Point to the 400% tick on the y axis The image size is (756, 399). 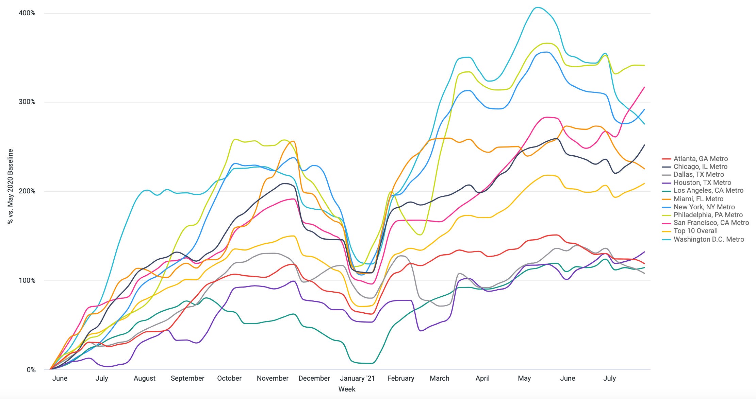pyautogui.click(x=27, y=13)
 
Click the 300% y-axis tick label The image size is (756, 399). pyautogui.click(x=27, y=102)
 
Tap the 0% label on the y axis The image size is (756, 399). pyautogui.click(x=31, y=370)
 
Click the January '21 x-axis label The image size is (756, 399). pyautogui.click(x=357, y=378)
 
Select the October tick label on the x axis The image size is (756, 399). pyautogui.click(x=229, y=378)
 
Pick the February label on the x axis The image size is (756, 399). pyautogui.click(x=401, y=378)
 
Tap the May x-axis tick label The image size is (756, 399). pyautogui.click(x=524, y=378)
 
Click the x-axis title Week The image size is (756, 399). pyautogui.click(x=347, y=389)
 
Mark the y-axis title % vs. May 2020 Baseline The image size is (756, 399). pyautogui.click(x=11, y=186)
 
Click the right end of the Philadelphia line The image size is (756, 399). pyautogui.click(x=644, y=65)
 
